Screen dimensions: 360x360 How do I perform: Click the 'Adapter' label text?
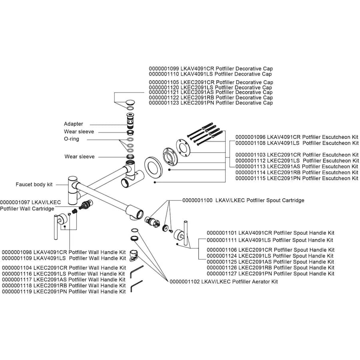(74, 124)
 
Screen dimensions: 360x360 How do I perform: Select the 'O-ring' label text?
(72, 139)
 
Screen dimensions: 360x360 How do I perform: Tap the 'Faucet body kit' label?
(34, 184)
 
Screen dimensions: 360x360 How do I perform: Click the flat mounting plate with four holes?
(185, 147)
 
